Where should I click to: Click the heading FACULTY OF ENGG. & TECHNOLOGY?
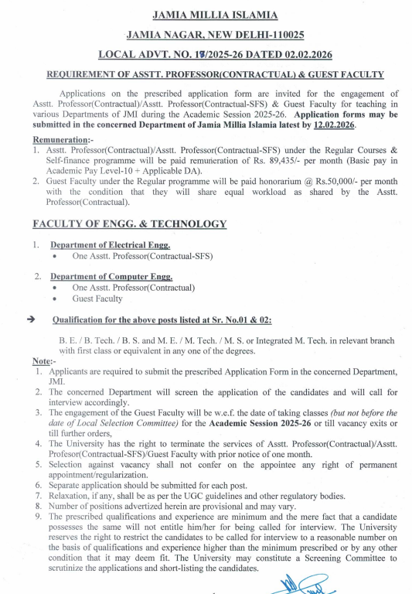click(x=129, y=224)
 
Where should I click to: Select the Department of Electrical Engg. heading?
click(x=110, y=245)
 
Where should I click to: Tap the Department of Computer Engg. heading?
click(x=111, y=276)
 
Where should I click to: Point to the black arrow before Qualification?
click(x=31, y=319)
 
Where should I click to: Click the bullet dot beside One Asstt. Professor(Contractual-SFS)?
click(x=55, y=256)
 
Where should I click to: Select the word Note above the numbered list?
click(x=41, y=361)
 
